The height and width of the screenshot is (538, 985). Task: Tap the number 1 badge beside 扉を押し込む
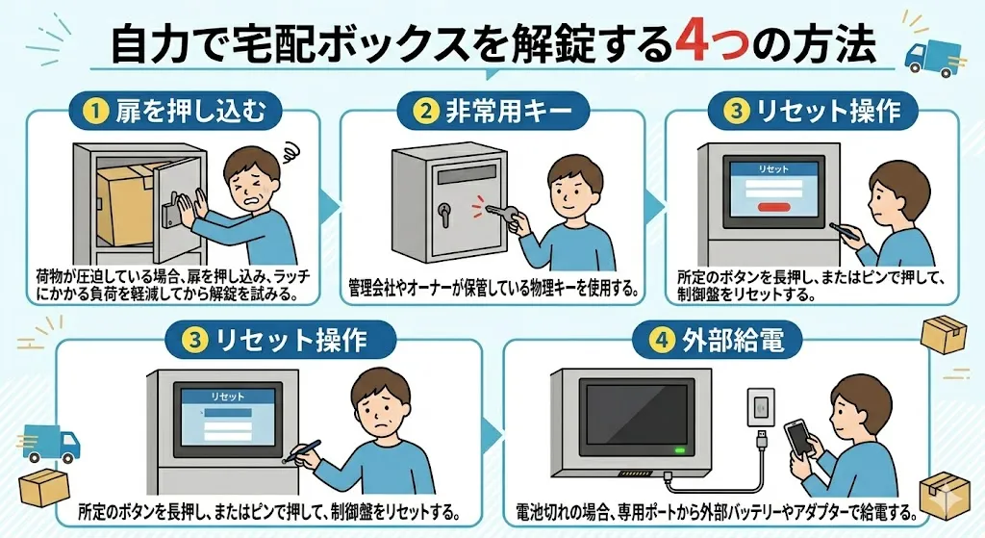click(95, 112)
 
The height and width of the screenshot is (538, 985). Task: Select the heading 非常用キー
click(509, 112)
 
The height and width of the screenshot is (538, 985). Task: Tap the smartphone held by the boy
click(799, 439)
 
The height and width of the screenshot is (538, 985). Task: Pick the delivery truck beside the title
click(932, 59)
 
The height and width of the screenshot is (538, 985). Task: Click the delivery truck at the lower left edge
click(49, 443)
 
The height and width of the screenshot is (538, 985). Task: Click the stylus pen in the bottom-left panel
click(300, 451)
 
